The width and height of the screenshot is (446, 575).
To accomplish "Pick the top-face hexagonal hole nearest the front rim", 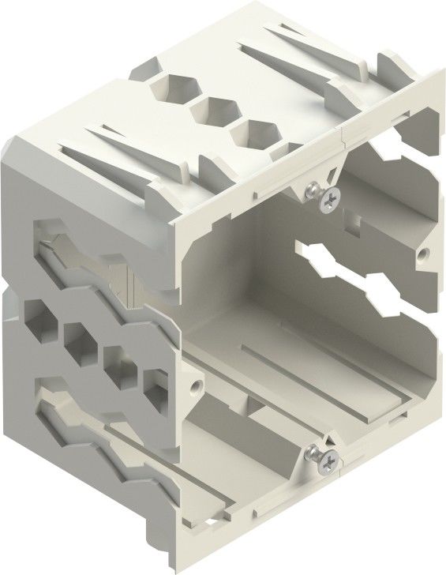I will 253,132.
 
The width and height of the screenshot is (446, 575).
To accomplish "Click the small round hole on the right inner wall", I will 423,254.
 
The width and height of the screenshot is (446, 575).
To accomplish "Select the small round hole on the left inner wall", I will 193,390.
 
